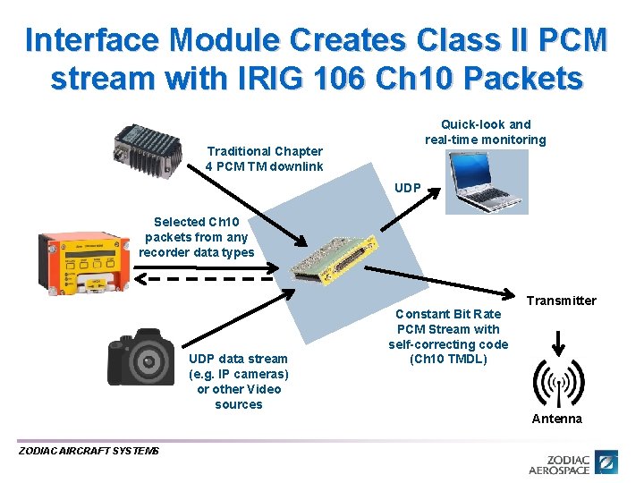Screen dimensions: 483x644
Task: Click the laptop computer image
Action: coord(487,182)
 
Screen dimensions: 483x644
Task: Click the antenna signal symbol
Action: coord(557,383)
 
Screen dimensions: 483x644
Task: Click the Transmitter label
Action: coord(561,301)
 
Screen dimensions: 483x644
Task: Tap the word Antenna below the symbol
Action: coord(556,419)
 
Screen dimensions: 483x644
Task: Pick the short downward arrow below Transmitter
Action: coord(557,342)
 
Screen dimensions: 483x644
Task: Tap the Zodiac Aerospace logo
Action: coord(572,462)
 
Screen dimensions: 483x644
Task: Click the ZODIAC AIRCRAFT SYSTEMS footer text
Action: coord(89,451)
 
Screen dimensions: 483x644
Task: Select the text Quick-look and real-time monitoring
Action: coord(485,132)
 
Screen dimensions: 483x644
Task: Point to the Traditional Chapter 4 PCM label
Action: coord(264,158)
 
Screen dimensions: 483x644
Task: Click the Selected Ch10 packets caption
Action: coord(196,237)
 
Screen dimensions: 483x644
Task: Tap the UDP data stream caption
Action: coord(238,381)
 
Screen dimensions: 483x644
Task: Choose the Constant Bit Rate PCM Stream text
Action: coord(447,336)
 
